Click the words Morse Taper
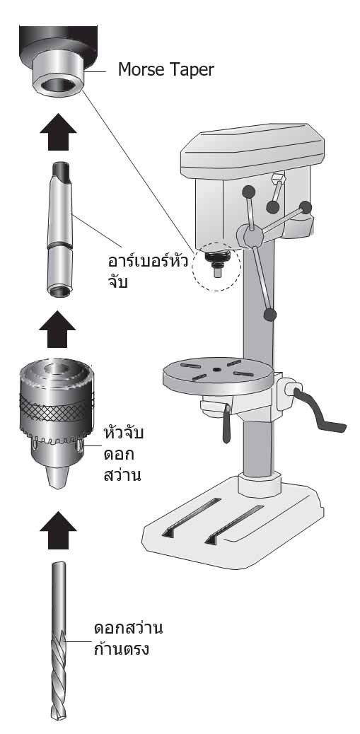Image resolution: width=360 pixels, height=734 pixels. tap(166, 70)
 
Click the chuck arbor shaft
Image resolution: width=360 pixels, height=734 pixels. tap(60, 229)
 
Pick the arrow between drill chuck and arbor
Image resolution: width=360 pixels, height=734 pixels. tap(57, 329)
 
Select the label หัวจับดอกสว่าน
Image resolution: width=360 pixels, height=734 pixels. tap(123, 454)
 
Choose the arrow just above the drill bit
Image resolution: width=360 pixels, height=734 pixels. tap(58, 530)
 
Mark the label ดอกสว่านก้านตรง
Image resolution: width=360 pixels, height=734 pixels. tap(128, 639)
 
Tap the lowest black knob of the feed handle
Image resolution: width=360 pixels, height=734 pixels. tap(269, 315)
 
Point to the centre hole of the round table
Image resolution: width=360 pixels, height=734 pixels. tap(216, 370)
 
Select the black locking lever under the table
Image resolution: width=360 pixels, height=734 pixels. tap(227, 423)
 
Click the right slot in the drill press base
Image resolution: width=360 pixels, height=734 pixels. tap(235, 524)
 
